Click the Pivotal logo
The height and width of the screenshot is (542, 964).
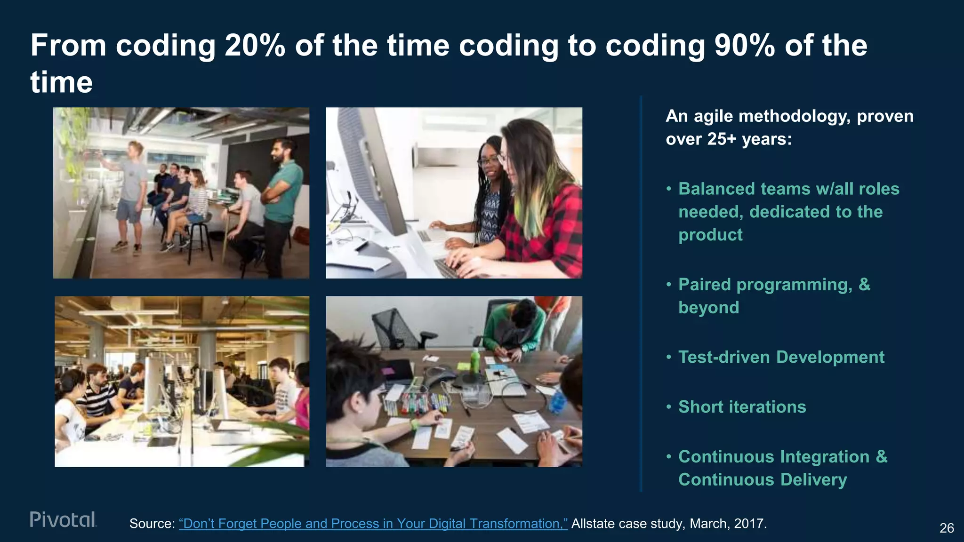[x=63, y=519]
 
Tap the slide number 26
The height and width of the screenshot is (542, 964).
[x=947, y=528]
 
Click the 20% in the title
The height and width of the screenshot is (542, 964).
[x=255, y=46]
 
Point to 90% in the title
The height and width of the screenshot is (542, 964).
[x=744, y=46]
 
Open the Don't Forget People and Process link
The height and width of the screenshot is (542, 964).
[x=373, y=524]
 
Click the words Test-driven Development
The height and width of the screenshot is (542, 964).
[x=781, y=357]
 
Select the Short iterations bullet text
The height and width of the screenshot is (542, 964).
[x=742, y=407]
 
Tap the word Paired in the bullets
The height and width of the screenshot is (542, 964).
[x=704, y=285]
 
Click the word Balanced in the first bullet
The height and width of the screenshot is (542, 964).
[x=716, y=189]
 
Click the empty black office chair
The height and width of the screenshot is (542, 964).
[x=400, y=329]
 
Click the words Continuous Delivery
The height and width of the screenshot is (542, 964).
[x=762, y=480]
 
